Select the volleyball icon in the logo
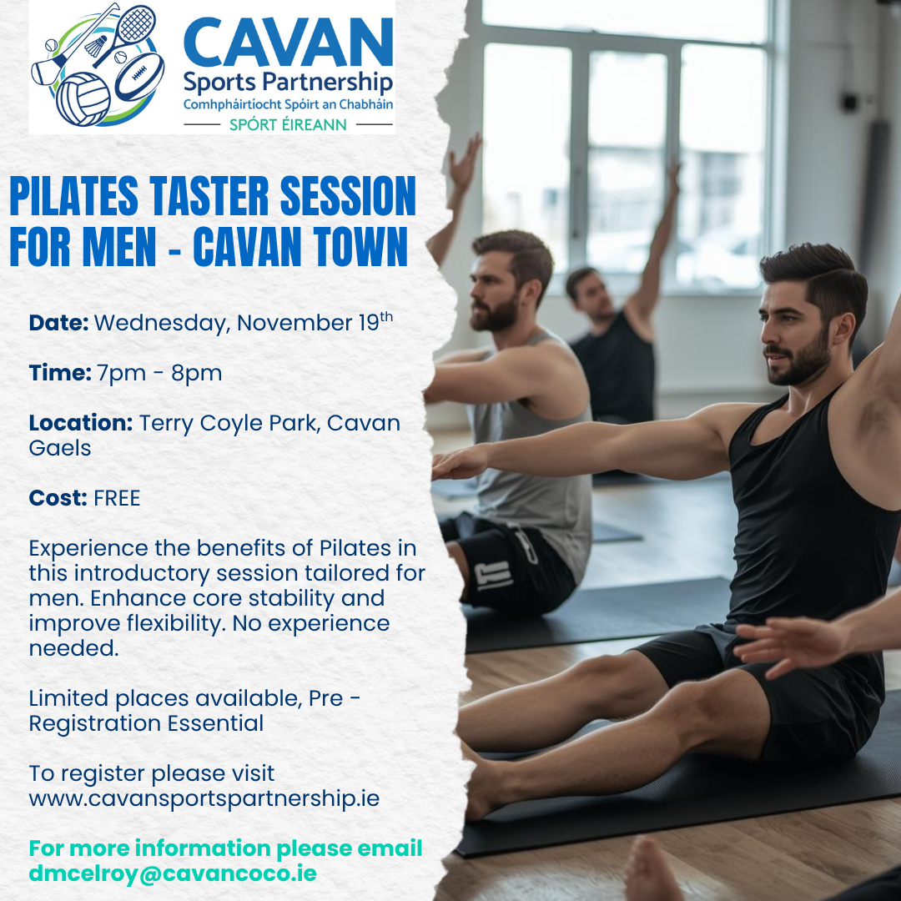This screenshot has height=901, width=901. pyautogui.click(x=83, y=98)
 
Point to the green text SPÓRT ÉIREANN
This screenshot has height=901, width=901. pyautogui.click(x=288, y=124)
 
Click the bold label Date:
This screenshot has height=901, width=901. pyautogui.click(x=58, y=324)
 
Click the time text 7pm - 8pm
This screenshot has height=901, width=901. pyautogui.click(x=159, y=373)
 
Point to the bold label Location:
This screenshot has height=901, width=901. pyautogui.click(x=80, y=423)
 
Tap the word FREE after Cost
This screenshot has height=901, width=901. pyautogui.click(x=117, y=499)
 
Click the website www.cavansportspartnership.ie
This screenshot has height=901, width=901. pyautogui.click(x=204, y=798)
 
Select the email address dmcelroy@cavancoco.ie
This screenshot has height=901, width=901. pyautogui.click(x=173, y=873)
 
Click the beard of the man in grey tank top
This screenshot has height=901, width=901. pyautogui.click(x=497, y=314)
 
